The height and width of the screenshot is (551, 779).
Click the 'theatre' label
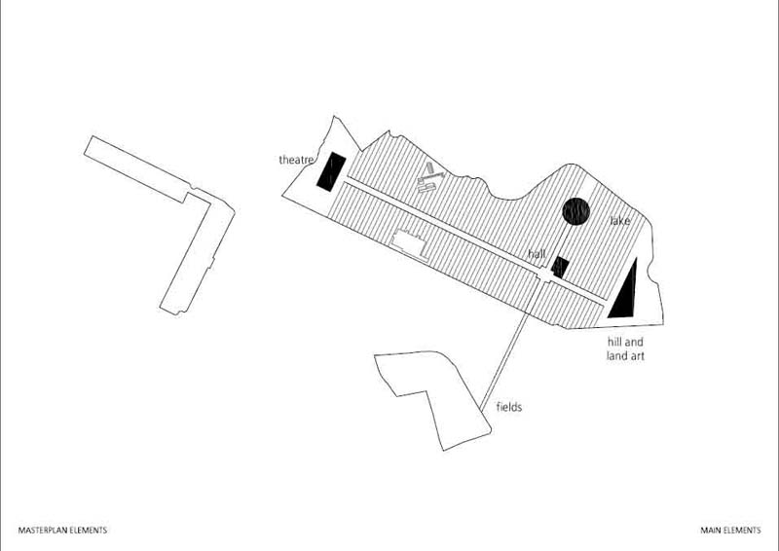click(296, 160)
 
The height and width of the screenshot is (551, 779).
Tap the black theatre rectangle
click(331, 172)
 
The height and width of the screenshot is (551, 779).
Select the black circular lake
click(575, 211)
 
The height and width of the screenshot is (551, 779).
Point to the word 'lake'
click(620, 221)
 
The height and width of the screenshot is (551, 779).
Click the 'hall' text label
click(538, 254)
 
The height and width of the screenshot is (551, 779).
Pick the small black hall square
click(560, 268)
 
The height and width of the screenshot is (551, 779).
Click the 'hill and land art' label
click(625, 349)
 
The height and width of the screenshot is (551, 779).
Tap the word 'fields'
click(509, 407)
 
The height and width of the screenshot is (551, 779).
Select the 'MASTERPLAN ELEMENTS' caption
click(62, 531)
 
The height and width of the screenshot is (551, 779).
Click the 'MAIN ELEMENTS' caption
click(730, 531)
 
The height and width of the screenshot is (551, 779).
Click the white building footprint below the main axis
click(409, 245)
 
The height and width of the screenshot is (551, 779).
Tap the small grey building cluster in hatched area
click(429, 178)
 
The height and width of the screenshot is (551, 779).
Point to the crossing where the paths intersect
click(545, 275)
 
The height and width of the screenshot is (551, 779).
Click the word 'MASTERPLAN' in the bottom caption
click(42, 531)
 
